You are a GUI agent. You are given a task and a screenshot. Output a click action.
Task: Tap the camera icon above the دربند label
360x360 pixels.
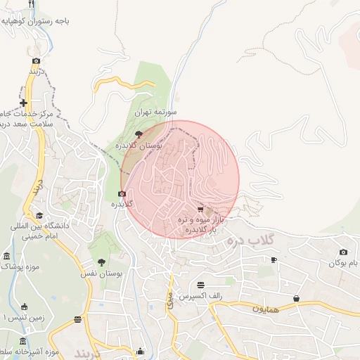point(36,60)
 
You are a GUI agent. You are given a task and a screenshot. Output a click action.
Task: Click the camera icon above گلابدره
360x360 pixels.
point(122,193)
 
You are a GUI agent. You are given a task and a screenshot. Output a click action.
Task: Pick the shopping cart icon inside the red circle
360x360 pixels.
point(200,209)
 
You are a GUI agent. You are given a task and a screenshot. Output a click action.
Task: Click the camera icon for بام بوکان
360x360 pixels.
point(343,252)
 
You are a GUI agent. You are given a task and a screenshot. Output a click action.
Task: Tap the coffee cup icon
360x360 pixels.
point(274,260)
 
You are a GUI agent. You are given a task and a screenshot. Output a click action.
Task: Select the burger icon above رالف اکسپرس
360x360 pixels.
point(201,285)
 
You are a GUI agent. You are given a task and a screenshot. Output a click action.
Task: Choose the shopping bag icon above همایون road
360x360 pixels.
point(296,298)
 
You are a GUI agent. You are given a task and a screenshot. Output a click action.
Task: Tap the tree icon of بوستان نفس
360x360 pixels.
point(103,262)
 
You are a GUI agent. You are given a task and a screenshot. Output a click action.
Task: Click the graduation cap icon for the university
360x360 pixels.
point(39,216)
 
